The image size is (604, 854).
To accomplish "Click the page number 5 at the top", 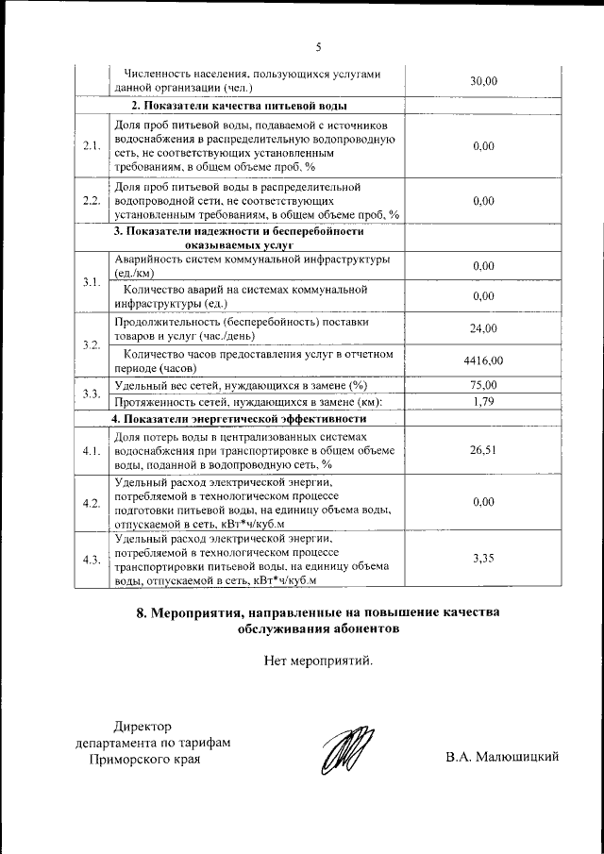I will click(x=319, y=46).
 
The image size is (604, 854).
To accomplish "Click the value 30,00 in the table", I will click(x=482, y=81).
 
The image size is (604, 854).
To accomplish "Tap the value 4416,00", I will click(x=483, y=360).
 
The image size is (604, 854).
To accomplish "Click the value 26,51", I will click(x=482, y=450).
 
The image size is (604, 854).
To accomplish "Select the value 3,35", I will click(x=482, y=559).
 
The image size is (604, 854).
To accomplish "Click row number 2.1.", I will click(x=92, y=145).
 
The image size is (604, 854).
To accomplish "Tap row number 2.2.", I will click(x=92, y=200).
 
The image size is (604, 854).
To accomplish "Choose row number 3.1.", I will click(x=92, y=282).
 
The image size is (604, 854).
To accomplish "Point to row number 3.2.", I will click(x=92, y=344).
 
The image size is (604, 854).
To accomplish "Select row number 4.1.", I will click(x=92, y=450).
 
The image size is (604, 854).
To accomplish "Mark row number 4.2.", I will click(x=92, y=503).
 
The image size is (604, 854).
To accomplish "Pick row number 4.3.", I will click(x=92, y=559).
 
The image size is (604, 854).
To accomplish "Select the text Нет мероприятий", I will click(x=319, y=660).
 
